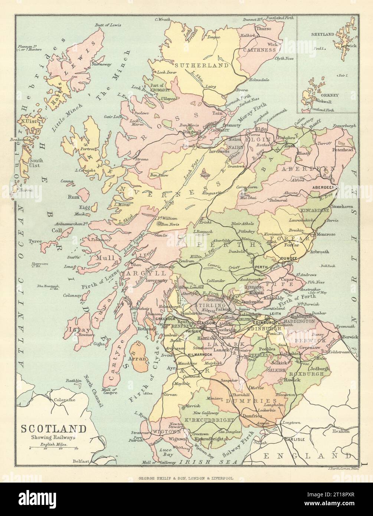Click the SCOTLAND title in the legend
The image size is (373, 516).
[x=53, y=429]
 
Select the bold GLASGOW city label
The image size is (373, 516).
[x=206, y=323]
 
